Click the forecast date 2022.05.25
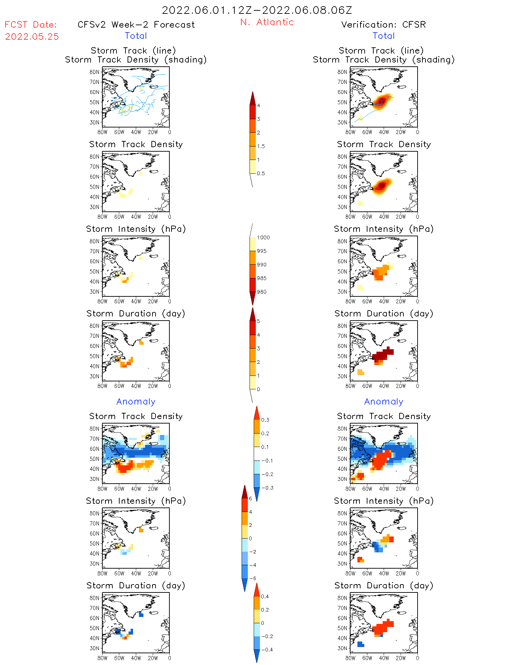click(x=32, y=37)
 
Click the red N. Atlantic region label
click(x=267, y=22)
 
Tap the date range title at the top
click(x=257, y=10)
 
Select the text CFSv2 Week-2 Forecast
click(x=136, y=25)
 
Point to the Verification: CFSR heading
click(x=383, y=25)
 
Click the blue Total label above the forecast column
click(x=136, y=36)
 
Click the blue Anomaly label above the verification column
click(x=384, y=401)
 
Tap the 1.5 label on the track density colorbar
click(x=261, y=146)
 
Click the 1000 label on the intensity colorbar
click(x=263, y=237)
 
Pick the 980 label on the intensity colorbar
click(x=262, y=292)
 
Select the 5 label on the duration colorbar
click(x=258, y=321)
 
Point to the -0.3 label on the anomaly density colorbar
click(x=267, y=488)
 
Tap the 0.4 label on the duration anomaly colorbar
click(x=265, y=596)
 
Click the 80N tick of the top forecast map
click(x=94, y=72)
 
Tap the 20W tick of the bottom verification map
click(x=401, y=658)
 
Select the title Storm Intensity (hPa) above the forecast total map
click(x=136, y=229)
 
